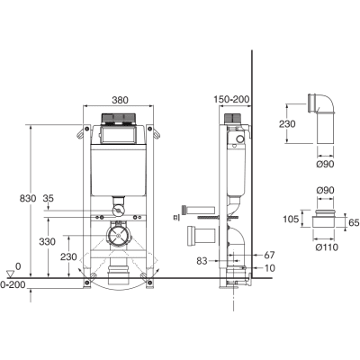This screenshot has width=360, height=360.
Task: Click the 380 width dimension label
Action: pyautogui.click(x=120, y=100)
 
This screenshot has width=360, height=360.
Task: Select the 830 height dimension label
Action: pyautogui.click(x=28, y=198)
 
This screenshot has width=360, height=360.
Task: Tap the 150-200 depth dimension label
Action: pyautogui.click(x=231, y=99)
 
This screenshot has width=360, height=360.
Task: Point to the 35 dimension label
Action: pyautogui.click(x=48, y=198)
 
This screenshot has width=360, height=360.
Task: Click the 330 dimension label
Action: pyautogui.click(x=48, y=241)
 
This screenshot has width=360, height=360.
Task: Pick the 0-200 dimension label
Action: pyautogui.click(x=13, y=284)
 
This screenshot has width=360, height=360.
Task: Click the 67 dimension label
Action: pyautogui.click(x=269, y=255)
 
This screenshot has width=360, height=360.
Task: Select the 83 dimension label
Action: pyautogui.click(x=202, y=261)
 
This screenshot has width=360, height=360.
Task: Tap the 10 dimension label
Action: pyautogui.click(x=270, y=268)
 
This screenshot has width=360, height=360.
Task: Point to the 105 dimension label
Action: pyautogui.click(x=291, y=219)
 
